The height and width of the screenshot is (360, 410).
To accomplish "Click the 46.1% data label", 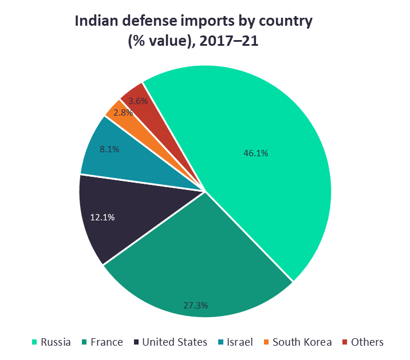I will tap(255, 153).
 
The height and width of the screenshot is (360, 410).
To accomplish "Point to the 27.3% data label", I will tap(195, 306).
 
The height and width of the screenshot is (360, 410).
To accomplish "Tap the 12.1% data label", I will tap(103, 217).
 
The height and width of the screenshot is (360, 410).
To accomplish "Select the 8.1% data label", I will tap(109, 149).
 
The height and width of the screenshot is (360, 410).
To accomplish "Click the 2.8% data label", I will tap(123, 113).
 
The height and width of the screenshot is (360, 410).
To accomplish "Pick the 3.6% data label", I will tap(138, 101).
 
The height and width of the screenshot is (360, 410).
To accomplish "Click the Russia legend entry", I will tap(52, 342).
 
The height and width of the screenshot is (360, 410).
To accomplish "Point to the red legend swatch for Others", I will tap(345, 342).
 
